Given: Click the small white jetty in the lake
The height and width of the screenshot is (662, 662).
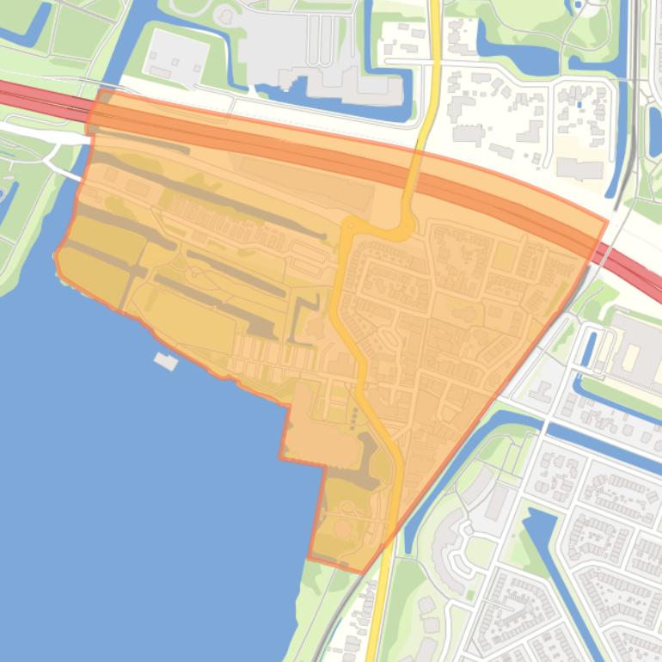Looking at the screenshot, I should tap(166, 360).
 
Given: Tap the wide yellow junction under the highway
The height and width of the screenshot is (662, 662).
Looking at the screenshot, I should tap(378, 228).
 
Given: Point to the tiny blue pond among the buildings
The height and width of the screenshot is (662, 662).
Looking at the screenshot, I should tap(579, 105).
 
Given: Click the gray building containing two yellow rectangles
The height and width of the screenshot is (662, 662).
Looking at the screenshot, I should tap(634, 348).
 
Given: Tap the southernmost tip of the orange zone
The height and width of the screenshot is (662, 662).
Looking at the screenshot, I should tap(362, 573).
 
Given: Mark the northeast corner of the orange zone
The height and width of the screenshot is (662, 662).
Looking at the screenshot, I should tap(607, 222).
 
